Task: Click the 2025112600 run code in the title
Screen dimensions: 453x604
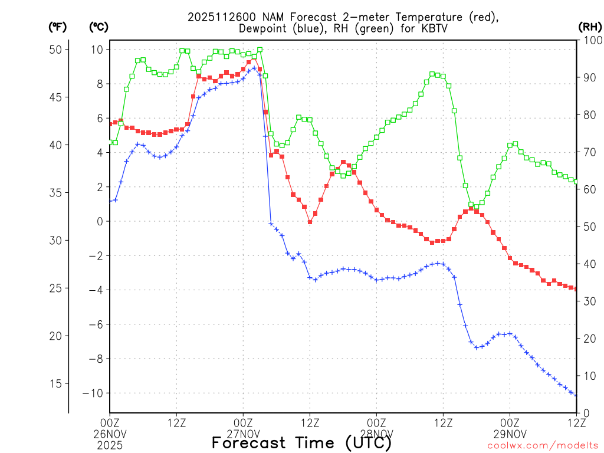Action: (x=219, y=17)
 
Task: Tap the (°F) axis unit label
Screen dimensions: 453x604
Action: (x=57, y=27)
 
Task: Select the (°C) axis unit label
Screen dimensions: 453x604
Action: (x=98, y=27)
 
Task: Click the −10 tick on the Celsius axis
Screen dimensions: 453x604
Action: (x=94, y=393)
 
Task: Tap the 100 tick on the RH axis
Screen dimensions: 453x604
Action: (x=590, y=40)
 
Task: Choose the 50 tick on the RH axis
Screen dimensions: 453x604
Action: (x=588, y=226)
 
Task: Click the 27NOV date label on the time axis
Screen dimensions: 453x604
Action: (x=243, y=433)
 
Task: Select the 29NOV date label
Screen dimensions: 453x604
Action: (x=510, y=433)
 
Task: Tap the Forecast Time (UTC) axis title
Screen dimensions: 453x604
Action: (x=301, y=442)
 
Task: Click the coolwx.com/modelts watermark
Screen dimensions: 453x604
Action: (x=543, y=445)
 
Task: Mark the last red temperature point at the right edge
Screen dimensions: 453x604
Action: (x=576, y=289)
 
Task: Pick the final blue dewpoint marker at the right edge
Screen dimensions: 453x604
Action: (x=576, y=395)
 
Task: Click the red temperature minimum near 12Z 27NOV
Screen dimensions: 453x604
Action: (x=310, y=222)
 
